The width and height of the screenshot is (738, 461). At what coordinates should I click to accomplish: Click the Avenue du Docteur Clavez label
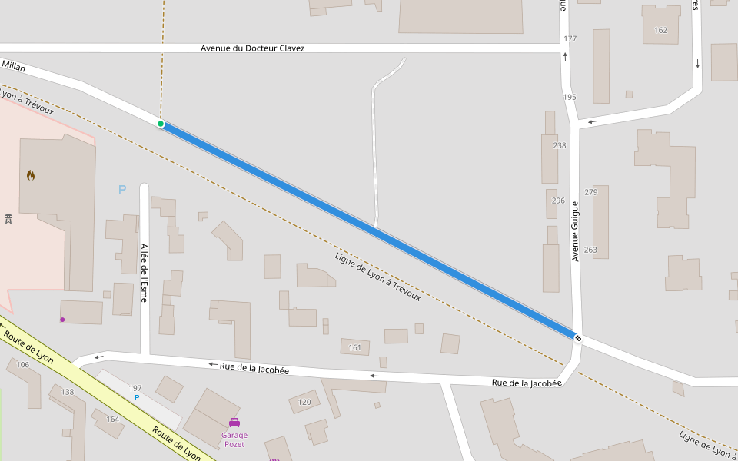click(x=252, y=48)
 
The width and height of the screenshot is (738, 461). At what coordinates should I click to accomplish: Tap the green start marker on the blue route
click(x=161, y=124)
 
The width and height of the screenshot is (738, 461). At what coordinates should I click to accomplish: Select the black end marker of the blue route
click(x=577, y=337)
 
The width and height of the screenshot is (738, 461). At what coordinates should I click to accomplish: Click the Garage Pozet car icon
click(x=234, y=422)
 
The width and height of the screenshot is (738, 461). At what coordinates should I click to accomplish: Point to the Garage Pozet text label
click(x=234, y=439)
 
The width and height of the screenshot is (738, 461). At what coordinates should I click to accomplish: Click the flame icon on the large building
click(x=30, y=175)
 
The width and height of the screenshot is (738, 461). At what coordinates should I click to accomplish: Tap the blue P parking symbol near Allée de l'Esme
click(x=121, y=190)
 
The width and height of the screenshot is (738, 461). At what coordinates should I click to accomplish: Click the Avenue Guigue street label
click(x=574, y=230)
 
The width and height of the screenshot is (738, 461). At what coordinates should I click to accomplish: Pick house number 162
click(x=660, y=30)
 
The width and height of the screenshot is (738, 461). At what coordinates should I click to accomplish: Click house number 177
click(x=570, y=38)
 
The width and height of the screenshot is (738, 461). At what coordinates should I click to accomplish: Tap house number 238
click(x=559, y=145)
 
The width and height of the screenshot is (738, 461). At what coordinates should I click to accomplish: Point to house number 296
click(x=558, y=201)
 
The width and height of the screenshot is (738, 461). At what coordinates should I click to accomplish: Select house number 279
click(x=590, y=192)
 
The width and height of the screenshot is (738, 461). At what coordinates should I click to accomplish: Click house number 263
click(x=590, y=250)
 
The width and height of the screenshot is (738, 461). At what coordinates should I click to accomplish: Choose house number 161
click(x=354, y=347)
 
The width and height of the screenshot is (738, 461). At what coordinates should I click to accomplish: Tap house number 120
click(x=304, y=402)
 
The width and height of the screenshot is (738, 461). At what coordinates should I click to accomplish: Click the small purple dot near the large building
click(x=62, y=319)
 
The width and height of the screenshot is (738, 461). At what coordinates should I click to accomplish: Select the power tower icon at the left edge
click(x=8, y=220)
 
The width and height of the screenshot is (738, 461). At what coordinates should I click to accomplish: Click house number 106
click(x=23, y=364)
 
